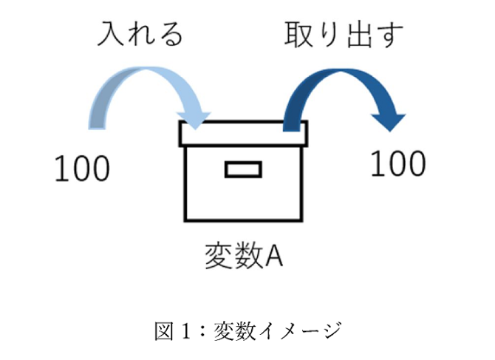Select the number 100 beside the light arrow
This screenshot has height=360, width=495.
(x=82, y=169)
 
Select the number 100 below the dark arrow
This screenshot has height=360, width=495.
(x=397, y=163)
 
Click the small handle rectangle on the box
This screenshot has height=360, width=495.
(x=243, y=170)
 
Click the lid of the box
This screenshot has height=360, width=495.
(x=243, y=132)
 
